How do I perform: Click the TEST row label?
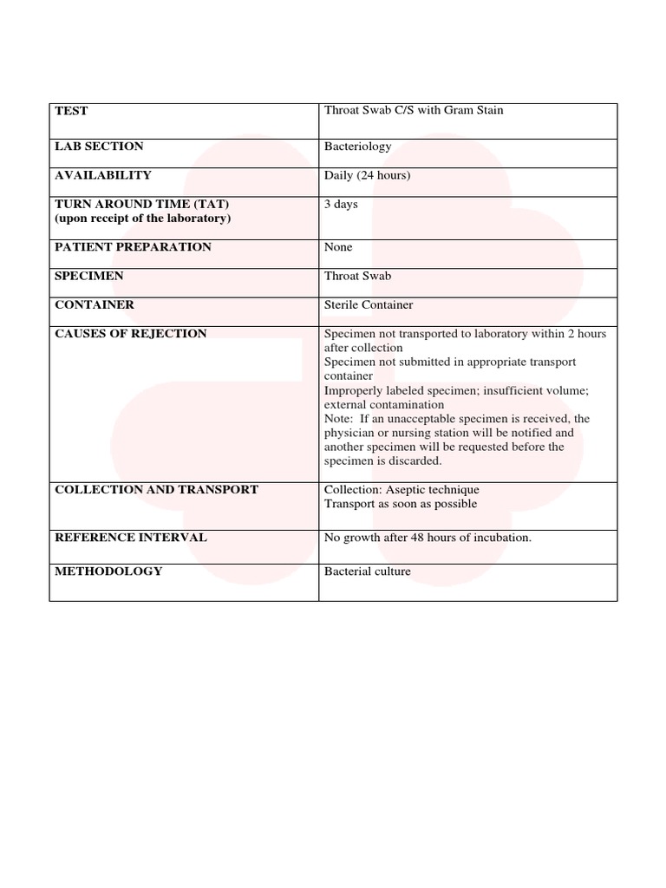(x=71, y=111)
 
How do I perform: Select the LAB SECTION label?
(x=99, y=147)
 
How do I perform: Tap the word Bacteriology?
(x=357, y=147)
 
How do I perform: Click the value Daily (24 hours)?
(x=367, y=175)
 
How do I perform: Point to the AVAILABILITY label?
(x=102, y=175)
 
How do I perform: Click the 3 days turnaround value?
(x=341, y=205)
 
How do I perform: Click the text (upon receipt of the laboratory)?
(x=143, y=218)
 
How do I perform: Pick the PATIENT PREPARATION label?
(x=133, y=247)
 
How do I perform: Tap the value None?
(x=338, y=247)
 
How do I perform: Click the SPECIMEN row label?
(x=89, y=276)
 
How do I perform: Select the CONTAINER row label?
(x=95, y=305)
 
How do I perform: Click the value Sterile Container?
(x=369, y=305)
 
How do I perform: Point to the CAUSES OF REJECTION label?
(x=131, y=334)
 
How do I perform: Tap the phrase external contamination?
(x=383, y=404)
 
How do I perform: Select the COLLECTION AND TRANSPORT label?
(x=156, y=490)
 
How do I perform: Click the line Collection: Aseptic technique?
(x=401, y=490)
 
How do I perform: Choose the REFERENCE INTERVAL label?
(x=130, y=538)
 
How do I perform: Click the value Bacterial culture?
(x=367, y=571)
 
